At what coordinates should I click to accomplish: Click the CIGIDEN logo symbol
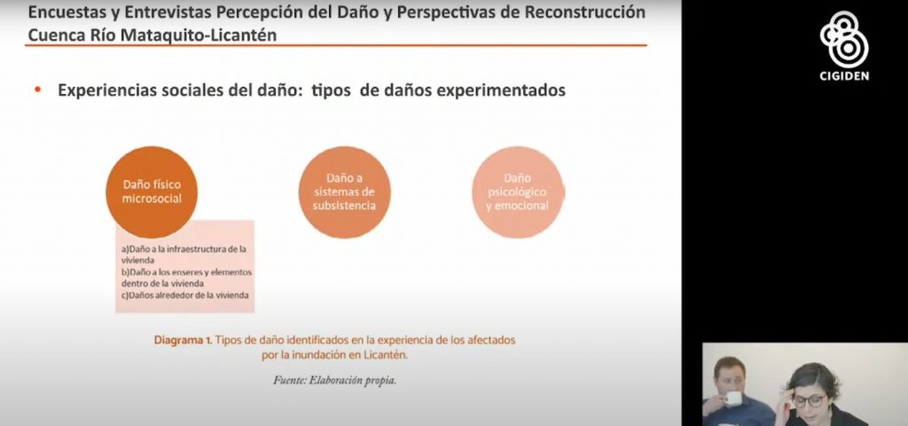844,39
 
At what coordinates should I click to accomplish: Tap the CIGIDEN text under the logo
844,76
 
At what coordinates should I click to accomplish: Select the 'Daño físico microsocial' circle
152,192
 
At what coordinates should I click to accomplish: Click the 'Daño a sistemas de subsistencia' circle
345,192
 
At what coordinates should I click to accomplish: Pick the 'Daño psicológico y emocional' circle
518,192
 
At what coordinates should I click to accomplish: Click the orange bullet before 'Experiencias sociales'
38,90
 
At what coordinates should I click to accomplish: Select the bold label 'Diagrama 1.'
183,340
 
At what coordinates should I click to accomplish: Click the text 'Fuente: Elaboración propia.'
334,381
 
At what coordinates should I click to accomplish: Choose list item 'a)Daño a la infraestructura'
184,249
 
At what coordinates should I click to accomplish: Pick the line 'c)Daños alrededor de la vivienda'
185,295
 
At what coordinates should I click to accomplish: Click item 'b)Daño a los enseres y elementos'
186,272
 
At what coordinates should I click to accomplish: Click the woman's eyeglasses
810,400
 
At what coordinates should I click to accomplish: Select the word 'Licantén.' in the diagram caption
387,355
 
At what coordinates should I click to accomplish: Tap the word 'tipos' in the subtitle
332,91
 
